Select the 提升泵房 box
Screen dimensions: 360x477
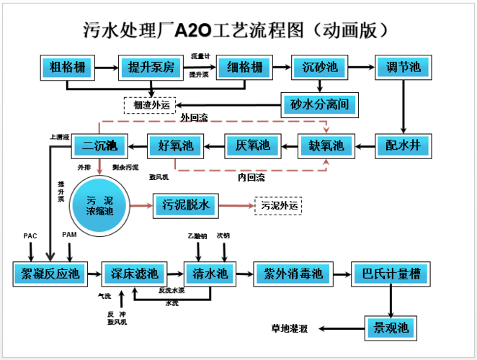pos(152,68)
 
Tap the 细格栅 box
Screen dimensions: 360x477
pos(244,68)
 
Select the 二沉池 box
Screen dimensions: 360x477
pos(99,147)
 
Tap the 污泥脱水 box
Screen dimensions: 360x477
pos(185,206)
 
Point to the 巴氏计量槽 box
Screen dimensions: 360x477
pos(390,274)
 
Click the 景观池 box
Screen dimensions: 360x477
pos(390,328)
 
